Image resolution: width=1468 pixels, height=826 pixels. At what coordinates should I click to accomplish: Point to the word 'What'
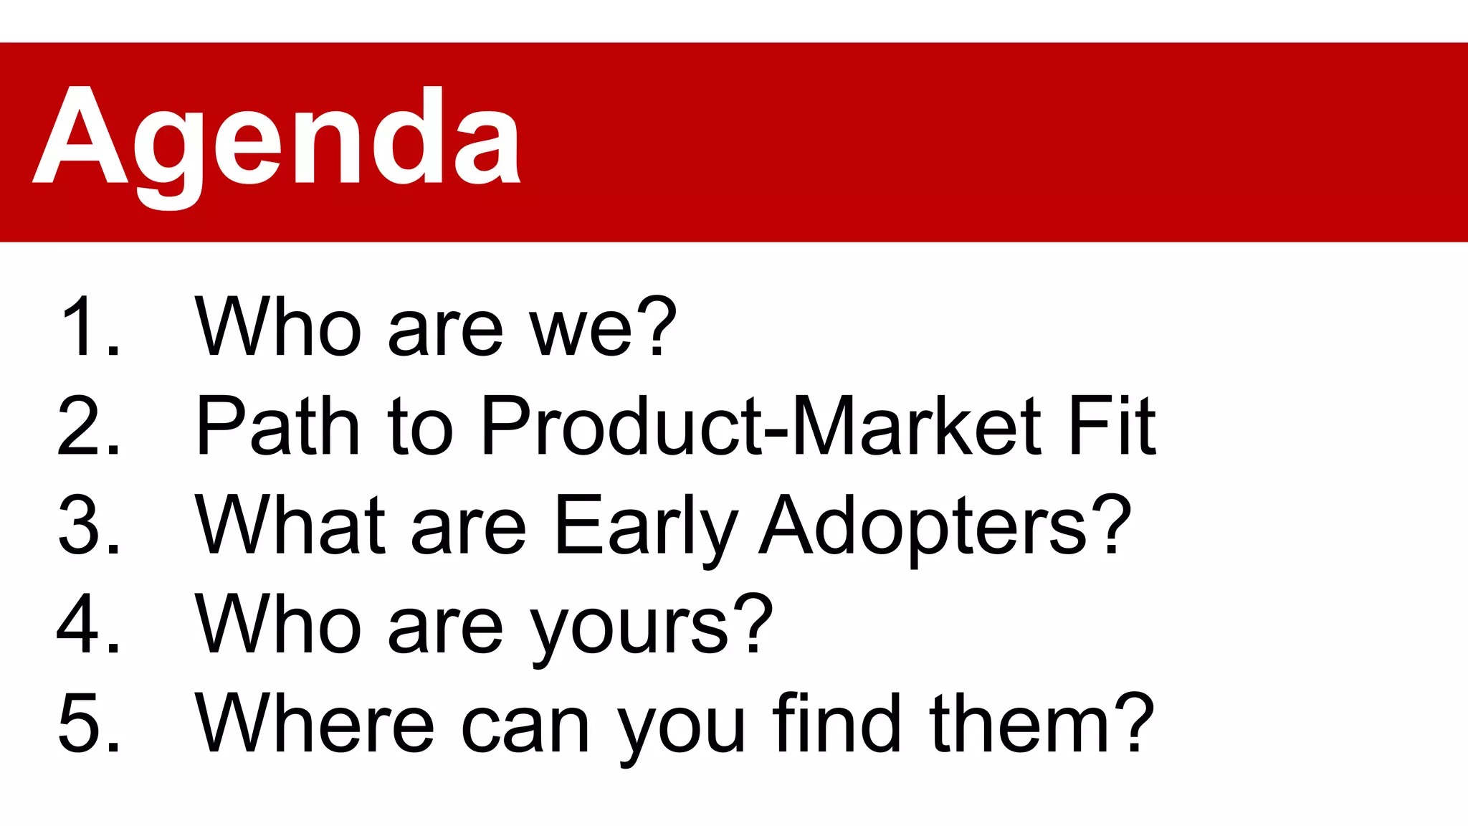click(290, 525)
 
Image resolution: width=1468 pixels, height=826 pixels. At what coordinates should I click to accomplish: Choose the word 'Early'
click(645, 525)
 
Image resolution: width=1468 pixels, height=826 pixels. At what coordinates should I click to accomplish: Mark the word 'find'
click(836, 723)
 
